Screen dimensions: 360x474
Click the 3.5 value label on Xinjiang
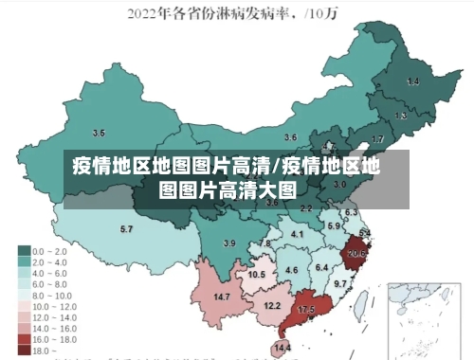tap(99, 133)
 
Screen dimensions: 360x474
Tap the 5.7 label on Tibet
tap(126, 228)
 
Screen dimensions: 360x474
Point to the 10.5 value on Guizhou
tap(256, 274)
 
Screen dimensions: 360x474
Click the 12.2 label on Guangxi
tap(272, 305)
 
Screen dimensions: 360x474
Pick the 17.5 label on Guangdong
tap(306, 310)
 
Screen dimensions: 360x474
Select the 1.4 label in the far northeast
tap(412, 82)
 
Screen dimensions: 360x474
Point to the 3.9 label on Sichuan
tap(228, 243)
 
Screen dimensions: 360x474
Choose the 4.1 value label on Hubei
tap(297, 233)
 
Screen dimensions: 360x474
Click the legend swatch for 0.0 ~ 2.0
tap(24, 250)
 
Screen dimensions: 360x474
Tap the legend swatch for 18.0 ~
tap(24, 350)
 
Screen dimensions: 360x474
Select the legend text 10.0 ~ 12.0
tap(55, 307)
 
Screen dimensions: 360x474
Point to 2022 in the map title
tap(146, 13)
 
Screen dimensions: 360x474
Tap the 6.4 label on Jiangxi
tap(321, 268)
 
